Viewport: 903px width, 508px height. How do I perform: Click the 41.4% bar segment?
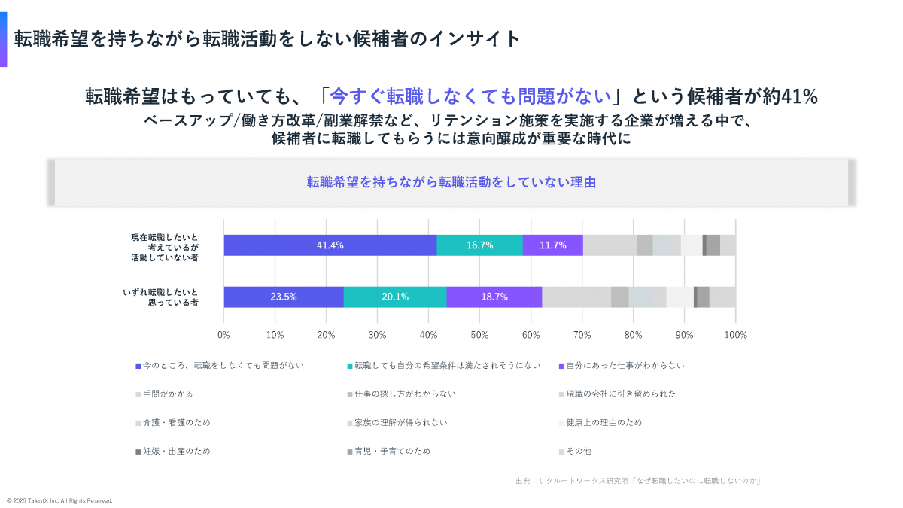(330, 245)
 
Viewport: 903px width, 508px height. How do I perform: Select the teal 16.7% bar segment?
(479, 245)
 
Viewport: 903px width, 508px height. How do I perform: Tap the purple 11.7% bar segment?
(552, 245)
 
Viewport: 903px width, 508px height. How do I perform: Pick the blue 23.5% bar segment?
(284, 297)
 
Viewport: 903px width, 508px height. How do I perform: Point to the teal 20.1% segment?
(395, 297)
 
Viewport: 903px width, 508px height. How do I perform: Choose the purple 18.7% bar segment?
(494, 297)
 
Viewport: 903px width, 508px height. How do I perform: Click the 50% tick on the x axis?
(479, 334)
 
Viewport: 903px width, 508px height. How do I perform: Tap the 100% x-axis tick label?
(735, 334)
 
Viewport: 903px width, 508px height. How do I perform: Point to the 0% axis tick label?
(223, 334)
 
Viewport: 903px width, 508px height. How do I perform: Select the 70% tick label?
(582, 334)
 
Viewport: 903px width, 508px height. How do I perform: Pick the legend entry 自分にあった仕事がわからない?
(625, 366)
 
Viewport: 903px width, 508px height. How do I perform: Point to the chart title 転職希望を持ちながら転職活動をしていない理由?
(451, 181)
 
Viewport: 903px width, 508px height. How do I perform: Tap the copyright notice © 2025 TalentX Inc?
(59, 500)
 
